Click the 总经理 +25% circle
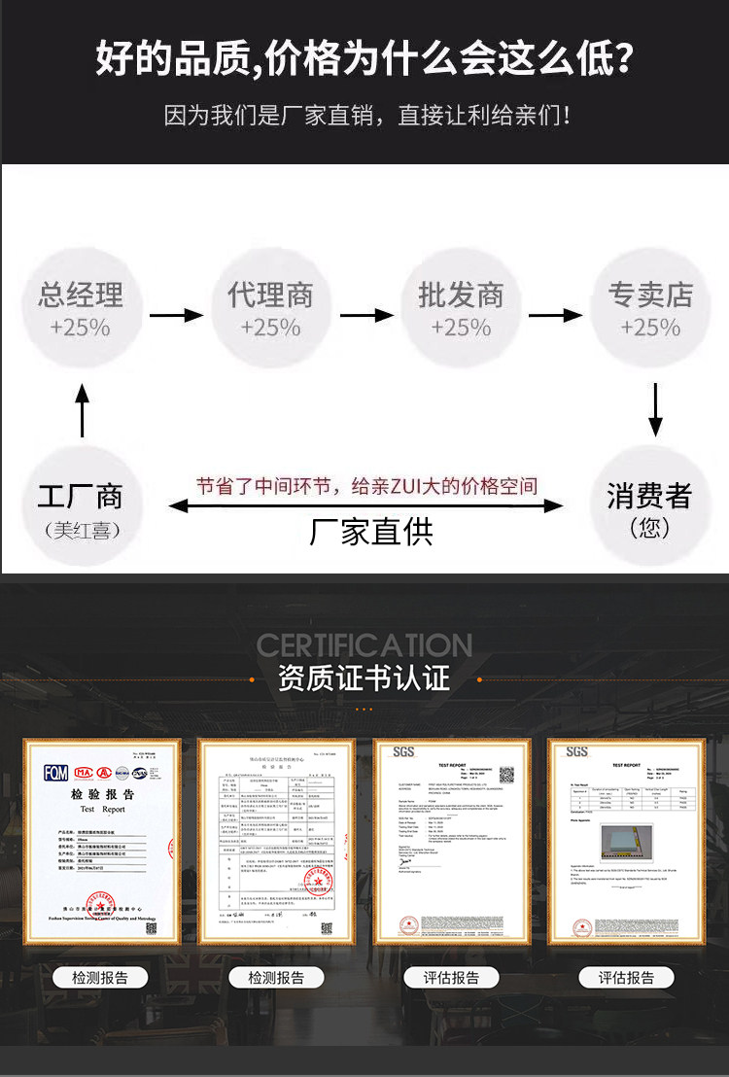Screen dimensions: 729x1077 tap(81, 308)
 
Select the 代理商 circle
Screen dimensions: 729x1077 tap(270, 308)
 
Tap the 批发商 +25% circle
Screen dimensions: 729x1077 tap(461, 308)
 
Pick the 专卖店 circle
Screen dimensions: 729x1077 tap(650, 308)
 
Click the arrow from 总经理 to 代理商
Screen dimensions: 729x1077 tap(175, 315)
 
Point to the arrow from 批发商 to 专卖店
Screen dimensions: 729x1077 tap(555, 315)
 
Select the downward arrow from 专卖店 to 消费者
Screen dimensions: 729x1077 tap(655, 409)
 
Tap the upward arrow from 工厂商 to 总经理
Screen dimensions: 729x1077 tap(83, 409)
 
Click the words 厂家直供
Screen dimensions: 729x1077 tap(371, 531)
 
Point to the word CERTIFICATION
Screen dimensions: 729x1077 tap(364, 644)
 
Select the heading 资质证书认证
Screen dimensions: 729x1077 tap(364, 677)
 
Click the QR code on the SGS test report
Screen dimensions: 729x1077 tap(505, 776)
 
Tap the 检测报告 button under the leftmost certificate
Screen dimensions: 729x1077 tap(100, 977)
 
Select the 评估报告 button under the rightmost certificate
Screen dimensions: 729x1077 tap(626, 977)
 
